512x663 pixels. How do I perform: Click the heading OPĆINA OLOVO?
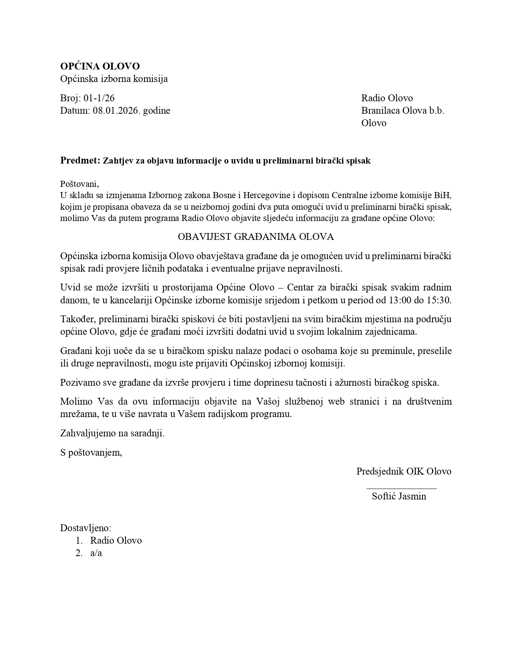tap(100, 66)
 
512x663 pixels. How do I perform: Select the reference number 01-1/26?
tap(99, 98)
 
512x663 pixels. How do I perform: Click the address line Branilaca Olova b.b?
tap(402, 110)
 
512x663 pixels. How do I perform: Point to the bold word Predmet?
tap(80, 161)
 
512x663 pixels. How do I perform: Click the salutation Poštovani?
tap(80, 184)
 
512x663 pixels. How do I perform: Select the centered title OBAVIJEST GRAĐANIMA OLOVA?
tap(256, 237)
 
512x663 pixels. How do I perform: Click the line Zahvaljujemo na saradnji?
tap(112, 433)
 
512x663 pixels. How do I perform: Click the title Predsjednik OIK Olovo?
tap(404, 471)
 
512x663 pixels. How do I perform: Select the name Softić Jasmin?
tap(399, 496)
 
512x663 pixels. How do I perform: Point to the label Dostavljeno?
tap(86, 528)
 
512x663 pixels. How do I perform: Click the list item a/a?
tap(96, 553)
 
